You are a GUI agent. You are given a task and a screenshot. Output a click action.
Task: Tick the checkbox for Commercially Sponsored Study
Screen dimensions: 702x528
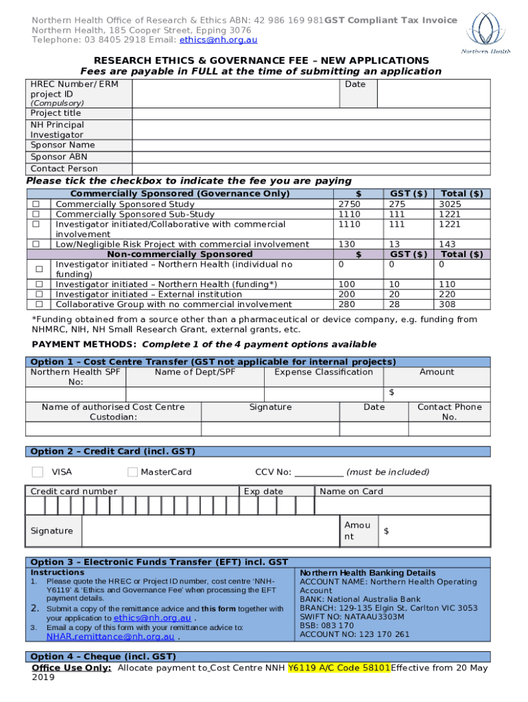click(38, 204)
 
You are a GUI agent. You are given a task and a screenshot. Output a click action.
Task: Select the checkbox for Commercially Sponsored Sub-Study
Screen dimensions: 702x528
click(38, 215)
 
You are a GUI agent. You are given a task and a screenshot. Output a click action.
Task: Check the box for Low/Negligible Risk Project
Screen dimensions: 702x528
click(38, 244)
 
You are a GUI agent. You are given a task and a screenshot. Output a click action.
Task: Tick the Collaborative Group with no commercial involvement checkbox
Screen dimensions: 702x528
click(39, 304)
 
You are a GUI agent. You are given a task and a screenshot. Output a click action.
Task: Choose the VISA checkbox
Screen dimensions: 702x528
click(38, 472)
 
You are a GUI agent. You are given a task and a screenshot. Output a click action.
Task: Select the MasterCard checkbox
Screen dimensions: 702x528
click(132, 472)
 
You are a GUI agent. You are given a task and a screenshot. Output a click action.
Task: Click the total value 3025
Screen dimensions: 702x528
click(451, 204)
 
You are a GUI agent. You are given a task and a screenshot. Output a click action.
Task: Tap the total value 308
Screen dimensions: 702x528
click(447, 304)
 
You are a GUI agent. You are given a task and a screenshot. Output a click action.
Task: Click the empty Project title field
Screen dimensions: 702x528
click(311, 113)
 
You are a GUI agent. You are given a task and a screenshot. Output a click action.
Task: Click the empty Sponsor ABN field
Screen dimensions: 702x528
click(311, 157)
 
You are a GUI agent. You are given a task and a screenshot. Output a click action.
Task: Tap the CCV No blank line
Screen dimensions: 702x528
click(319, 472)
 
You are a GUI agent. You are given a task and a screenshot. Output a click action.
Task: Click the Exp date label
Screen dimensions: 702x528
click(263, 492)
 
